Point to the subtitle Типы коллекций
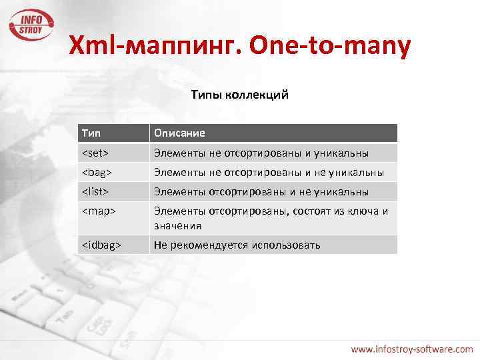click(239, 95)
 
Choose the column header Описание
click(179, 133)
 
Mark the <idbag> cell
click(101, 245)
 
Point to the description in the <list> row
click(261, 192)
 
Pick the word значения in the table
click(177, 225)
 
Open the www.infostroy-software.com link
click(412, 348)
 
